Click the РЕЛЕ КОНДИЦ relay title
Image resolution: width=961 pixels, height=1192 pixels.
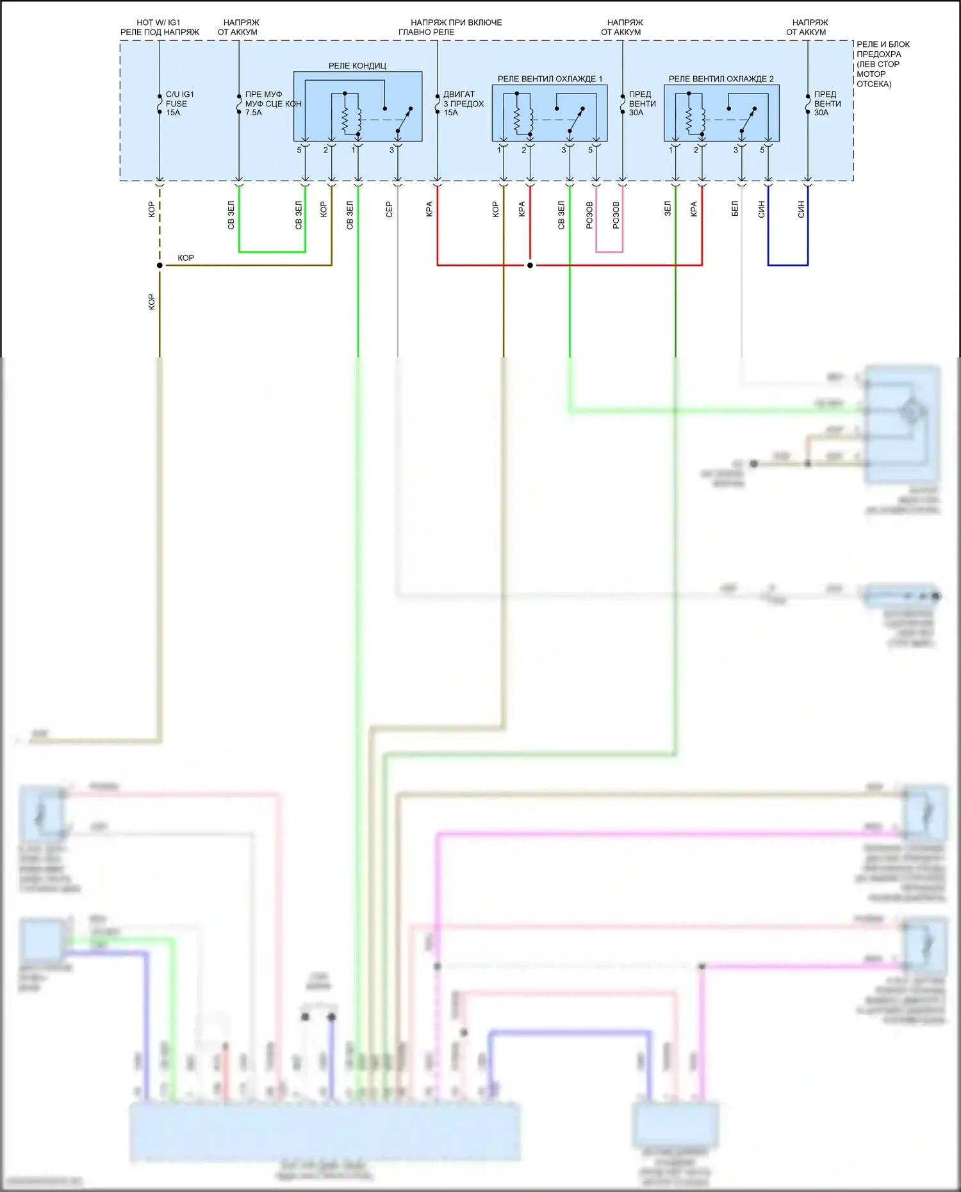357,65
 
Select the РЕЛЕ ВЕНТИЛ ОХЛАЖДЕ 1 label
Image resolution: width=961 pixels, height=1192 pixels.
550,79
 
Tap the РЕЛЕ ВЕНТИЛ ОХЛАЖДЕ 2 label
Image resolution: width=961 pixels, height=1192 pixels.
721,79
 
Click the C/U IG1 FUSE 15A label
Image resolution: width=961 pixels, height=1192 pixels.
179,103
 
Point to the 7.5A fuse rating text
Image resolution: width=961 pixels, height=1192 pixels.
254,113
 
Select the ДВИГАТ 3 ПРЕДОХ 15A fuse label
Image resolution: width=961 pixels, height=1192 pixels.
463,103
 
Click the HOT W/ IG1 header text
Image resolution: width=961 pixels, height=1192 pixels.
158,22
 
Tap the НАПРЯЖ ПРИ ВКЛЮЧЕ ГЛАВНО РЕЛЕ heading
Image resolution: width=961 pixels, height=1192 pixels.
456,27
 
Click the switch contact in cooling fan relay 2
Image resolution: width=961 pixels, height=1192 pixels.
748,119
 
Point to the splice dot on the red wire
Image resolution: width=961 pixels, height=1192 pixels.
530,265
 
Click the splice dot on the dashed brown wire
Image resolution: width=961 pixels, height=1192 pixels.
160,265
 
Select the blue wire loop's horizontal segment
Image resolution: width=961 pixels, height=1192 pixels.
787,265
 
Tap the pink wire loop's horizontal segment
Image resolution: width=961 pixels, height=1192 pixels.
609,252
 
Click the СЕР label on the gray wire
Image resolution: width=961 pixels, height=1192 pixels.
389,209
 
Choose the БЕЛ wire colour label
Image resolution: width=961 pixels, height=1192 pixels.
735,209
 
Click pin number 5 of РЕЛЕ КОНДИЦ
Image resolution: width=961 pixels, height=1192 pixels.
299,150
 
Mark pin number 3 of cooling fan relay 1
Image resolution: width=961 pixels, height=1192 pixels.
564,150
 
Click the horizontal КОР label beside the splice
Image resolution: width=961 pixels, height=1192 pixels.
186,257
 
